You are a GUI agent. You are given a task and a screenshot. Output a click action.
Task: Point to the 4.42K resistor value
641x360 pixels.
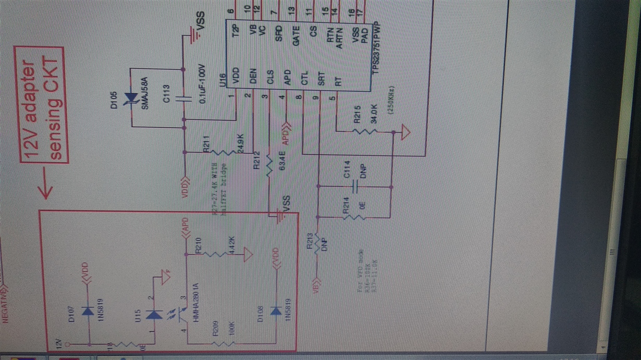click(233, 245)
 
